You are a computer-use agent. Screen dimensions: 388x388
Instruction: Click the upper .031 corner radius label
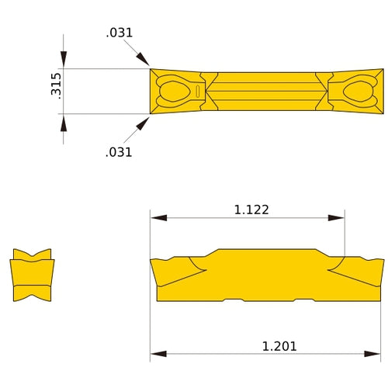click(x=119, y=33)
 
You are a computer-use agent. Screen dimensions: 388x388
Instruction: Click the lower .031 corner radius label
click(x=119, y=152)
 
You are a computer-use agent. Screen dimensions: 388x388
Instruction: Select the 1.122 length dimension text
click(x=251, y=210)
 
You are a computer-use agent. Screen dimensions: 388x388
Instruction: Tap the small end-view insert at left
click(x=33, y=275)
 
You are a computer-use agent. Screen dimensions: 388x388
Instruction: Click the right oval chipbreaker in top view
click(x=359, y=92)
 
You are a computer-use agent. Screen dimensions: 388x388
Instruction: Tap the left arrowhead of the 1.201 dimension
click(x=158, y=355)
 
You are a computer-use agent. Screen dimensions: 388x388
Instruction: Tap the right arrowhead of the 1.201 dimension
click(x=377, y=355)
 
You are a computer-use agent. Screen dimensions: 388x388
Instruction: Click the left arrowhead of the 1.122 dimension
click(x=158, y=218)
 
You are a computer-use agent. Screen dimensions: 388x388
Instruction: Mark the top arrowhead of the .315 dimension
click(x=64, y=62)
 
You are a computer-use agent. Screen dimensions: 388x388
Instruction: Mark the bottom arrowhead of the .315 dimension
click(x=64, y=121)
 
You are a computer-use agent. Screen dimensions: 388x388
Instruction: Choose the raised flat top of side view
click(x=268, y=251)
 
